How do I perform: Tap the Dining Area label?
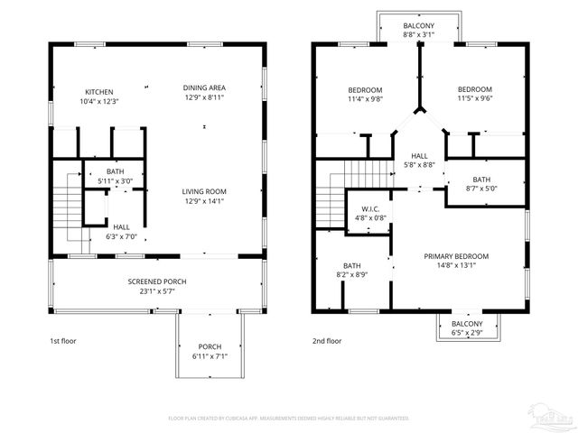tap(204, 88)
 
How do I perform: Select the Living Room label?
tap(204, 191)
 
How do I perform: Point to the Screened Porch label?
tap(157, 281)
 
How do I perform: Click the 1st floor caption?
tap(64, 342)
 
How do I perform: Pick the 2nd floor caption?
tap(327, 342)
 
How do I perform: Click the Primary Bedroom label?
tap(456, 255)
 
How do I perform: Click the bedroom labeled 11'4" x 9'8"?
tap(366, 99)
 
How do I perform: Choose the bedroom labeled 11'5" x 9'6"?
tap(474, 99)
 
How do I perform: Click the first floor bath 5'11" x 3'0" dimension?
tap(116, 181)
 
